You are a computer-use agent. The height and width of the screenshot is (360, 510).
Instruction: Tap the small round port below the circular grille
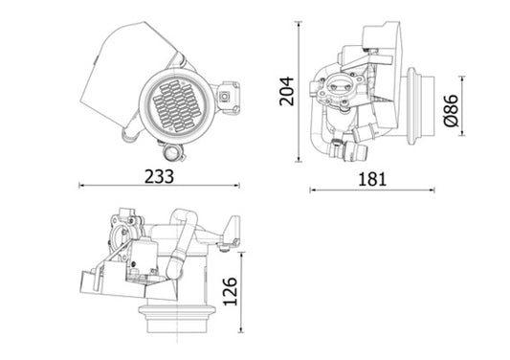coord(170,152)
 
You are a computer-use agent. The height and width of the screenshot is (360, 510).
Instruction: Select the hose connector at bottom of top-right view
coord(338,147)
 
